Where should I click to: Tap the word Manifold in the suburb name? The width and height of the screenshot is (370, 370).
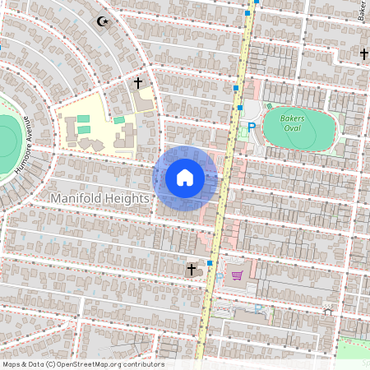pyautogui.click(x=76, y=199)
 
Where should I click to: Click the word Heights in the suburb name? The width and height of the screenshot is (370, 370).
pyautogui.click(x=127, y=199)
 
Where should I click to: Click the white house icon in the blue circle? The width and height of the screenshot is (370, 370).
pyautogui.click(x=185, y=178)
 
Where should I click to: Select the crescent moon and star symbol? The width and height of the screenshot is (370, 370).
pyautogui.click(x=103, y=21)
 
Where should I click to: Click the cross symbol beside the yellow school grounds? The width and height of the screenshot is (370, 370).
pyautogui.click(x=138, y=83)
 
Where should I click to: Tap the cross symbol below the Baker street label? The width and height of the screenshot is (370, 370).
pyautogui.click(x=363, y=54)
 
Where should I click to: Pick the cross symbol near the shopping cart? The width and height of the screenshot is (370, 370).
pyautogui.click(x=192, y=269)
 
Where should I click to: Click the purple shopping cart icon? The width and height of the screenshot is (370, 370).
pyautogui.click(x=237, y=275)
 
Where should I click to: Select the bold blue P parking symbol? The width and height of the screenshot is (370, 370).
pyautogui.click(x=252, y=127)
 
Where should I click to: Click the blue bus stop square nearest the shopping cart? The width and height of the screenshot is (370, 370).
pyautogui.click(x=210, y=263)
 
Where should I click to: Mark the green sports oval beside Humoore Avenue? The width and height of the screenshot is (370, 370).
pyautogui.click(x=7, y=136)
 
